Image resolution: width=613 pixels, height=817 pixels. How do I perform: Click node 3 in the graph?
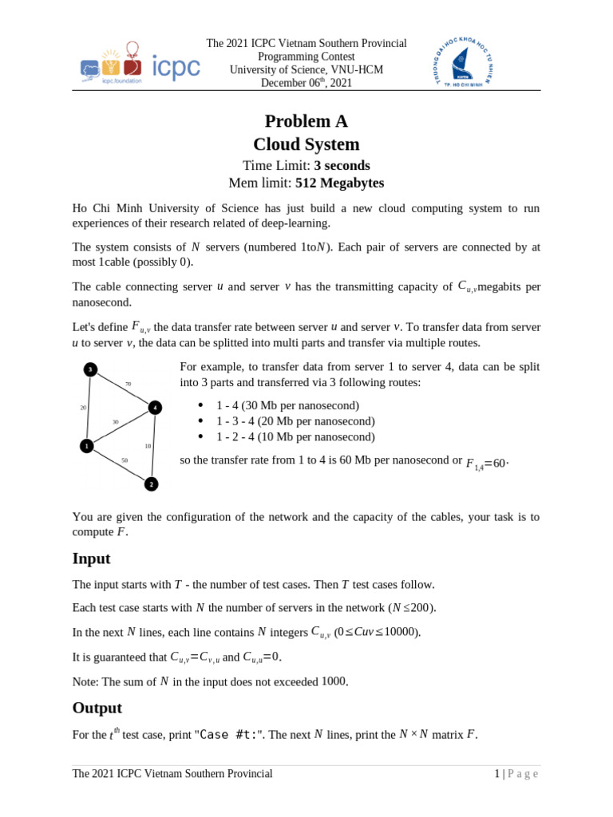pyautogui.click(x=91, y=369)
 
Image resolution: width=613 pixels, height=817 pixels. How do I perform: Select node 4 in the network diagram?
pyautogui.click(x=155, y=408)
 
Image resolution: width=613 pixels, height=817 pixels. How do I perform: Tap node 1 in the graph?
pyautogui.click(x=86, y=446)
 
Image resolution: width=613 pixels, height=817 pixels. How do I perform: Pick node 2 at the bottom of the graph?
pyautogui.click(x=151, y=484)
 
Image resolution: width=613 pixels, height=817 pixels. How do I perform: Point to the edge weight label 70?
pyautogui.click(x=128, y=385)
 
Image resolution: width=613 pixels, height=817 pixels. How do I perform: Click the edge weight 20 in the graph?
pyautogui.click(x=83, y=408)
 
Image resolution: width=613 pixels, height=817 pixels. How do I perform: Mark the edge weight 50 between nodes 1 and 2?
pyautogui.click(x=125, y=460)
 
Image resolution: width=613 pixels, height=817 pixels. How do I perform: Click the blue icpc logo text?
pyautogui.click(x=176, y=68)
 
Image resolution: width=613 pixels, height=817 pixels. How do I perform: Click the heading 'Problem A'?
pyautogui.click(x=306, y=121)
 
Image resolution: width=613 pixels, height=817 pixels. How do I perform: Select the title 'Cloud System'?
pyautogui.click(x=306, y=144)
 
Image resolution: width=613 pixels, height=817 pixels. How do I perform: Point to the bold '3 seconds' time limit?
pyautogui.click(x=342, y=165)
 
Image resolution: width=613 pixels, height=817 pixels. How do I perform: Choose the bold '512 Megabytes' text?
pyautogui.click(x=339, y=183)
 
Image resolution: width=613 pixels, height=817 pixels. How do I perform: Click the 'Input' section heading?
pyautogui.click(x=91, y=558)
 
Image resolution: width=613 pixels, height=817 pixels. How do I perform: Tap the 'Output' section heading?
pyautogui.click(x=97, y=708)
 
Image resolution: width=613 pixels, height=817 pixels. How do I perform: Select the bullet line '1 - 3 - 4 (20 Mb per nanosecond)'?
pyautogui.click(x=295, y=421)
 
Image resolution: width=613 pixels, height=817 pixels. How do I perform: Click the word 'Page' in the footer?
pyautogui.click(x=523, y=774)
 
